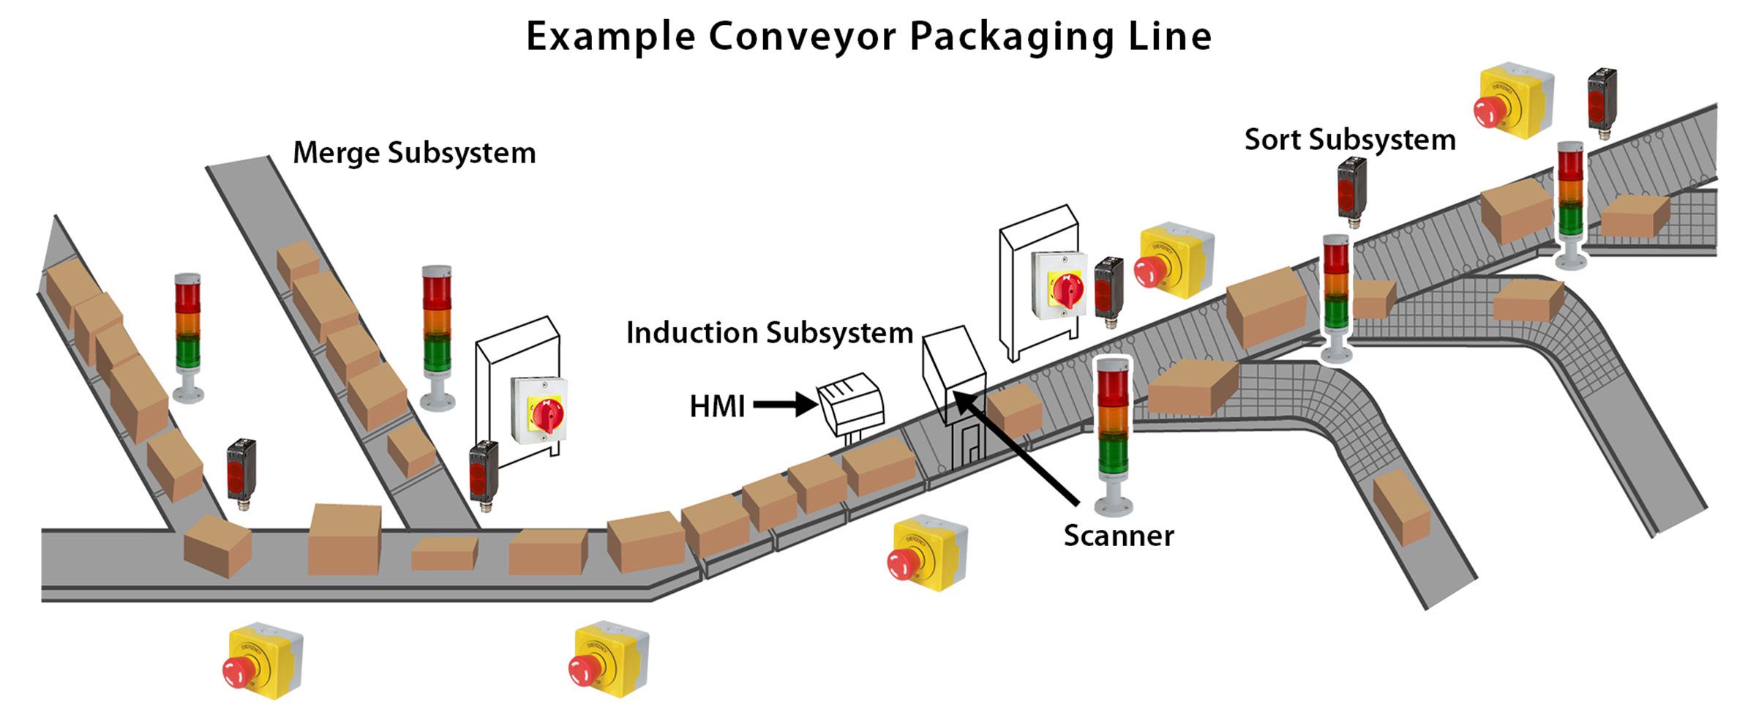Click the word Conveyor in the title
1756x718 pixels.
point(802,37)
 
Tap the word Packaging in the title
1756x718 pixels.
point(1011,37)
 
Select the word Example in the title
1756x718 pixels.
point(610,37)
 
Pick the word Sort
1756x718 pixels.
point(1271,140)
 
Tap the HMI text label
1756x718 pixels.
point(717,407)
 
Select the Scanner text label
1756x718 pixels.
point(1118,536)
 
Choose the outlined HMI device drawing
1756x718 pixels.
point(850,403)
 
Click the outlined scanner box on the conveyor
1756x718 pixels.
point(954,377)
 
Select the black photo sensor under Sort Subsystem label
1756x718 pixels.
point(1351,190)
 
